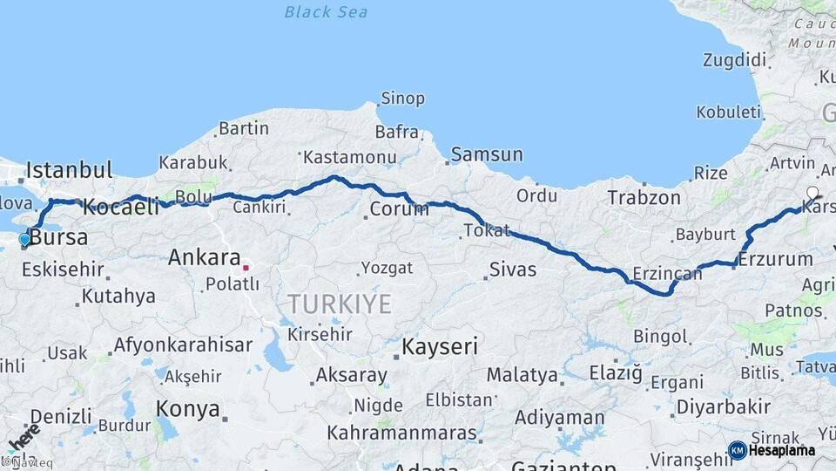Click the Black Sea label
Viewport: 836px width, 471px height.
(x=326, y=12)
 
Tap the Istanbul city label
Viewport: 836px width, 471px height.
(x=70, y=170)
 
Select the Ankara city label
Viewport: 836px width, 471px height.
(x=204, y=258)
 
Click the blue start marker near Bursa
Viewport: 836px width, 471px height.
(x=24, y=239)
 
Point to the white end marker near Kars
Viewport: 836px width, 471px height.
(x=812, y=193)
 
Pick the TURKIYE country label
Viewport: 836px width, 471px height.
(x=340, y=304)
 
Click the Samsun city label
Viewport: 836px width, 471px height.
(x=488, y=155)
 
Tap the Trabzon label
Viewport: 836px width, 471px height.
(x=644, y=198)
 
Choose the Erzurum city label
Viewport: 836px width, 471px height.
(x=776, y=259)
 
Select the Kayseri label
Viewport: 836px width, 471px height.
(x=440, y=347)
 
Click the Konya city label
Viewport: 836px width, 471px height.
(x=187, y=408)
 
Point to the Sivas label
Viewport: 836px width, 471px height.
(x=513, y=270)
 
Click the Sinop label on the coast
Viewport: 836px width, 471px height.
(x=404, y=99)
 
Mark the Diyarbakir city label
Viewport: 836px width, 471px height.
(x=724, y=406)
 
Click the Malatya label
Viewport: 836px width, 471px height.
(x=522, y=375)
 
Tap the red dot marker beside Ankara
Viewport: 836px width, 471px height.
(x=246, y=268)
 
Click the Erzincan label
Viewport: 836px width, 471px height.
(x=666, y=274)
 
